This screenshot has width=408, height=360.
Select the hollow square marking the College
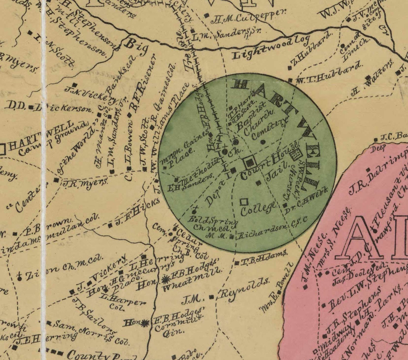pyautogui.click(x=244, y=202)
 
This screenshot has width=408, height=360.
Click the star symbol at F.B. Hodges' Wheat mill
pyautogui.click(x=165, y=279)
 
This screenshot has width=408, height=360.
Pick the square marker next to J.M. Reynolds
pyautogui.click(x=212, y=297)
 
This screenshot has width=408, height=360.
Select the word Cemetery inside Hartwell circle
pyautogui.click(x=269, y=129)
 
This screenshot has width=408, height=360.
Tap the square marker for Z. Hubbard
pyautogui.click(x=290, y=67)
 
